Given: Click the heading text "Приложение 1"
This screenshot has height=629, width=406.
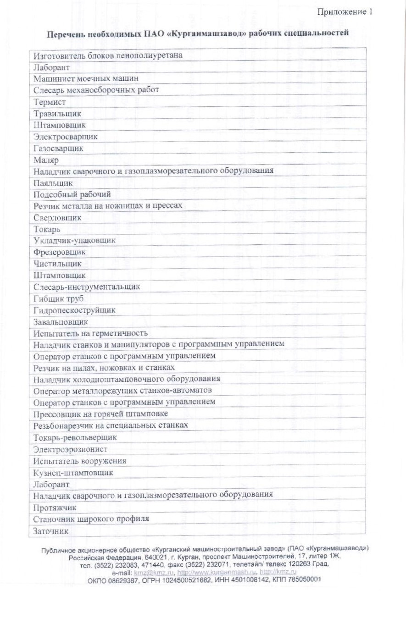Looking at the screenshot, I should click(345, 12).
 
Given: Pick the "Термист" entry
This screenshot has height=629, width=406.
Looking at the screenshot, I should click(50, 102).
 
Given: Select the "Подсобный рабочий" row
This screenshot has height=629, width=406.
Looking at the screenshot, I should click(72, 194).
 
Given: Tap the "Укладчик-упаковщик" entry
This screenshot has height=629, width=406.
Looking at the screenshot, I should click(74, 240).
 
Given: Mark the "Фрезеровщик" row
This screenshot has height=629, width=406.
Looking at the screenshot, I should click(59, 252).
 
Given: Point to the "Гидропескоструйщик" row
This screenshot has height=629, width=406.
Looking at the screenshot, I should click(74, 310).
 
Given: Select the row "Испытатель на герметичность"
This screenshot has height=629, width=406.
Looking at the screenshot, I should click(90, 333).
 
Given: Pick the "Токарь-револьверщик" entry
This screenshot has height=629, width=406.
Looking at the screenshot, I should click(75, 437).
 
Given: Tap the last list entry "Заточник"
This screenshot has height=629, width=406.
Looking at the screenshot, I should click(50, 531).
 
